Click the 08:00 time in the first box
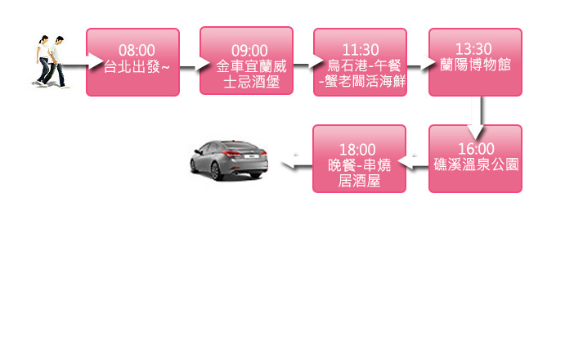137,51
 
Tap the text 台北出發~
137,65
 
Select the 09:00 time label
249,51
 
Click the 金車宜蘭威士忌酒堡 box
246,61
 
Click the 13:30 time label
475,51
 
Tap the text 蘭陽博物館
475,65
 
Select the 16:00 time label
476,148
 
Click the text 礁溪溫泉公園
476,163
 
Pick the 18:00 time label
357,149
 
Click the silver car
229,159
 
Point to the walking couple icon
50,61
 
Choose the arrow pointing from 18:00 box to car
297,165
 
